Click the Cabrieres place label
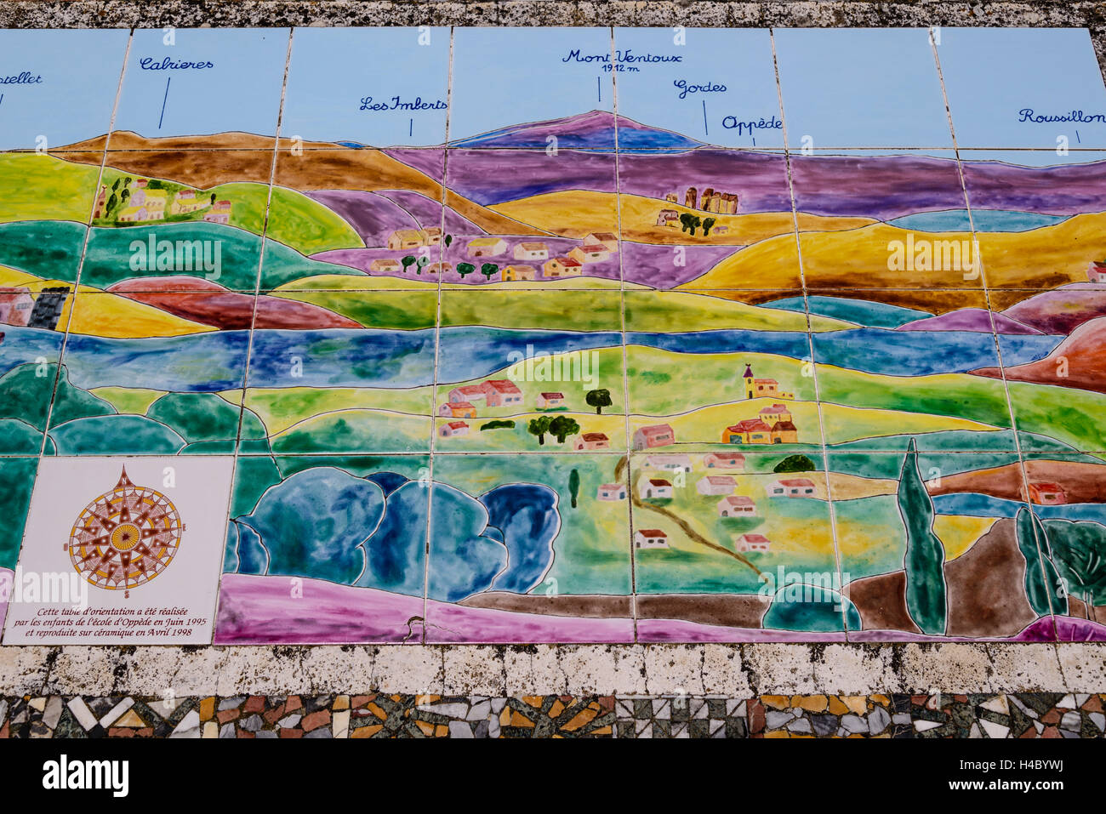[176, 64]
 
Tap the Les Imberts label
[402, 105]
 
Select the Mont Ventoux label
[621, 57]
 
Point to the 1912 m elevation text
[619, 69]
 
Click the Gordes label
[699, 88]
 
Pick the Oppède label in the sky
[751, 123]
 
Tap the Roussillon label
[1061, 117]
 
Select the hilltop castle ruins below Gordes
[710, 201]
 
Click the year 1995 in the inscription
[195, 622]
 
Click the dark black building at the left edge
[48, 307]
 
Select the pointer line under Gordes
[704, 117]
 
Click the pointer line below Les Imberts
[411, 126]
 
